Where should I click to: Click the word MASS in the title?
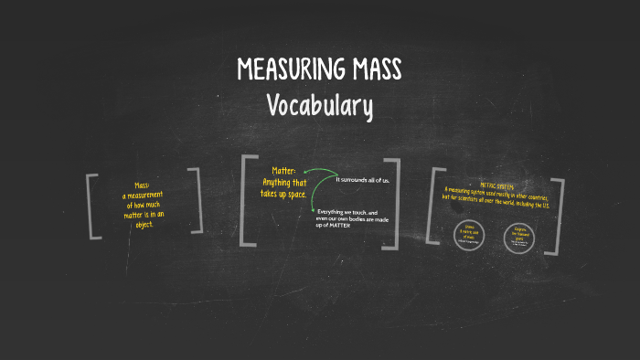374,69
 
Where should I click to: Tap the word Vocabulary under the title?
320,106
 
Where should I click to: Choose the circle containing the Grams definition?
470,234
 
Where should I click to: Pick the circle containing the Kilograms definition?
518,235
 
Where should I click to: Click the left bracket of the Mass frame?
92,205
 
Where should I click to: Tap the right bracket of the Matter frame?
394,202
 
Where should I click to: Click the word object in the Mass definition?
144,225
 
